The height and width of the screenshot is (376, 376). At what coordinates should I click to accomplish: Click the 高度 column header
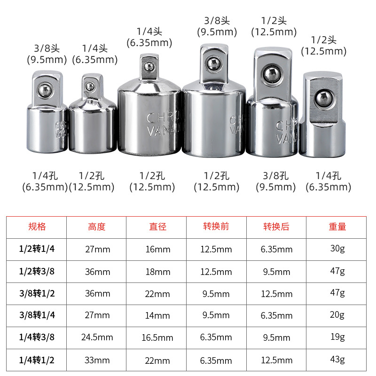[x=97, y=227]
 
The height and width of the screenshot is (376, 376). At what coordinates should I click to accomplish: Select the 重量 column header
[x=337, y=227]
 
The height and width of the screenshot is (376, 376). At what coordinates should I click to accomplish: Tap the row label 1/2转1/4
[x=37, y=249]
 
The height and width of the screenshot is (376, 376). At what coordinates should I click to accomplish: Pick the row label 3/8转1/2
[x=37, y=293]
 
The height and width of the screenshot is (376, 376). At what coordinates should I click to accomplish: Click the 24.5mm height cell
[x=97, y=337]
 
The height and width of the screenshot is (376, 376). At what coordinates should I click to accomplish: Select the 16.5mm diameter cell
[x=157, y=337]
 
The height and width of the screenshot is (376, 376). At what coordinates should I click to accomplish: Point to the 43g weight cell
[x=337, y=360]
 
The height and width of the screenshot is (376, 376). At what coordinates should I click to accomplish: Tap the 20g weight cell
[x=337, y=315]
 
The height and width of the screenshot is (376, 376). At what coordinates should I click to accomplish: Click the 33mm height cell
[x=97, y=360]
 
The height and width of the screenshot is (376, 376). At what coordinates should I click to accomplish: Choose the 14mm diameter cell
[x=157, y=315]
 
